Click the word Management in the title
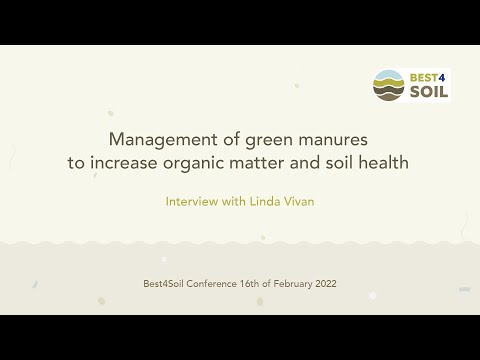[x=158, y=139]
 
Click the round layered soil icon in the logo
[x=388, y=86]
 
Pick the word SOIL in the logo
[x=427, y=93]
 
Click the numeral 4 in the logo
[x=444, y=77]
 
